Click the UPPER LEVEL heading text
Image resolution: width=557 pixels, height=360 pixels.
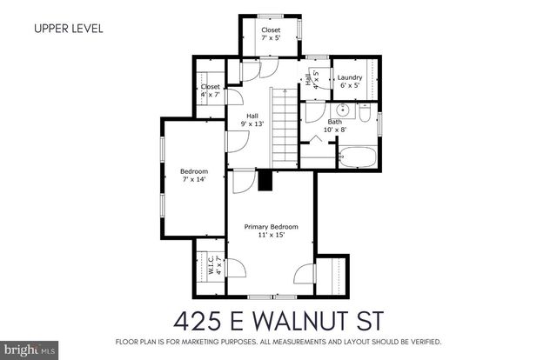click(x=69, y=28)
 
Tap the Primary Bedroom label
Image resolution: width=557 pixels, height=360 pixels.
click(x=272, y=228)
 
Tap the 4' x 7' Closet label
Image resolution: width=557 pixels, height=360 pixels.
click(x=210, y=90)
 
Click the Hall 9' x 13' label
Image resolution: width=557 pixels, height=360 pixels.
click(x=252, y=120)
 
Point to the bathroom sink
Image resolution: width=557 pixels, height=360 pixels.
click(x=342, y=110)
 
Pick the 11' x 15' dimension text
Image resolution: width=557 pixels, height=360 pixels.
click(x=272, y=235)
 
